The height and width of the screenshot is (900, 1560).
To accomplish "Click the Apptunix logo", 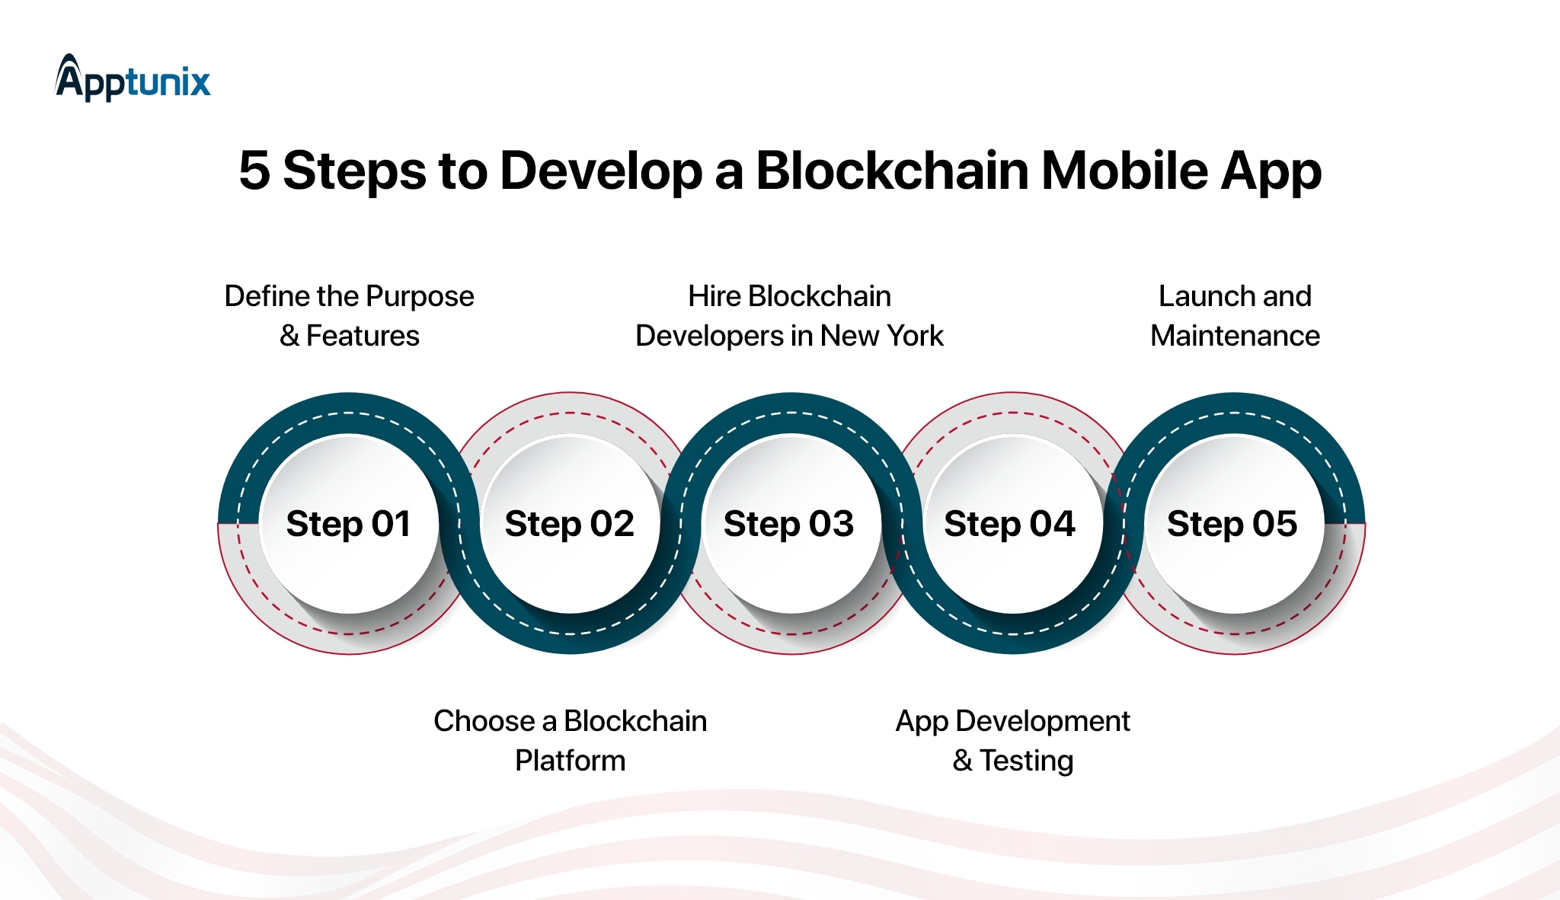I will coord(133,78).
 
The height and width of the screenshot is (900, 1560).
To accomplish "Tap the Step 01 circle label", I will coord(349,524).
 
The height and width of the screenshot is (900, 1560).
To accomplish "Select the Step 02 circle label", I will coord(569,524).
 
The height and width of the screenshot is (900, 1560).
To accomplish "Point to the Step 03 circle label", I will coord(788,524).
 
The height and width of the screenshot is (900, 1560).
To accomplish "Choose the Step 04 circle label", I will coord(1009,524).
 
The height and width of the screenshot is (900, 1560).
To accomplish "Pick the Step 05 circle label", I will coord(1232,524).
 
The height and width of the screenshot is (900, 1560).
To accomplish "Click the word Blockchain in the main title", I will coord(892,171).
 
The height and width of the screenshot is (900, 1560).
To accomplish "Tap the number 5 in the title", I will coord(254,171).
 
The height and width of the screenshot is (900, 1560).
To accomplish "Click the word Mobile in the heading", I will coord(1124,171).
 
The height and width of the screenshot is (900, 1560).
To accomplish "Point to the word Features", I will coord(363,336).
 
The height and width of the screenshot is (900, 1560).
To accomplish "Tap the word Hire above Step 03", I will coord(714,296).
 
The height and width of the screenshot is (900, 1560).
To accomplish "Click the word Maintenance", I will coord(1235,336).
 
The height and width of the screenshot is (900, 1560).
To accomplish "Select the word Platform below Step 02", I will coord(570,761).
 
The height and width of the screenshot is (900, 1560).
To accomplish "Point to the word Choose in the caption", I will coord(484,721).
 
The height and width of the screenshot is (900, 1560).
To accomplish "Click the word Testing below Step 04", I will coord(1026,761).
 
